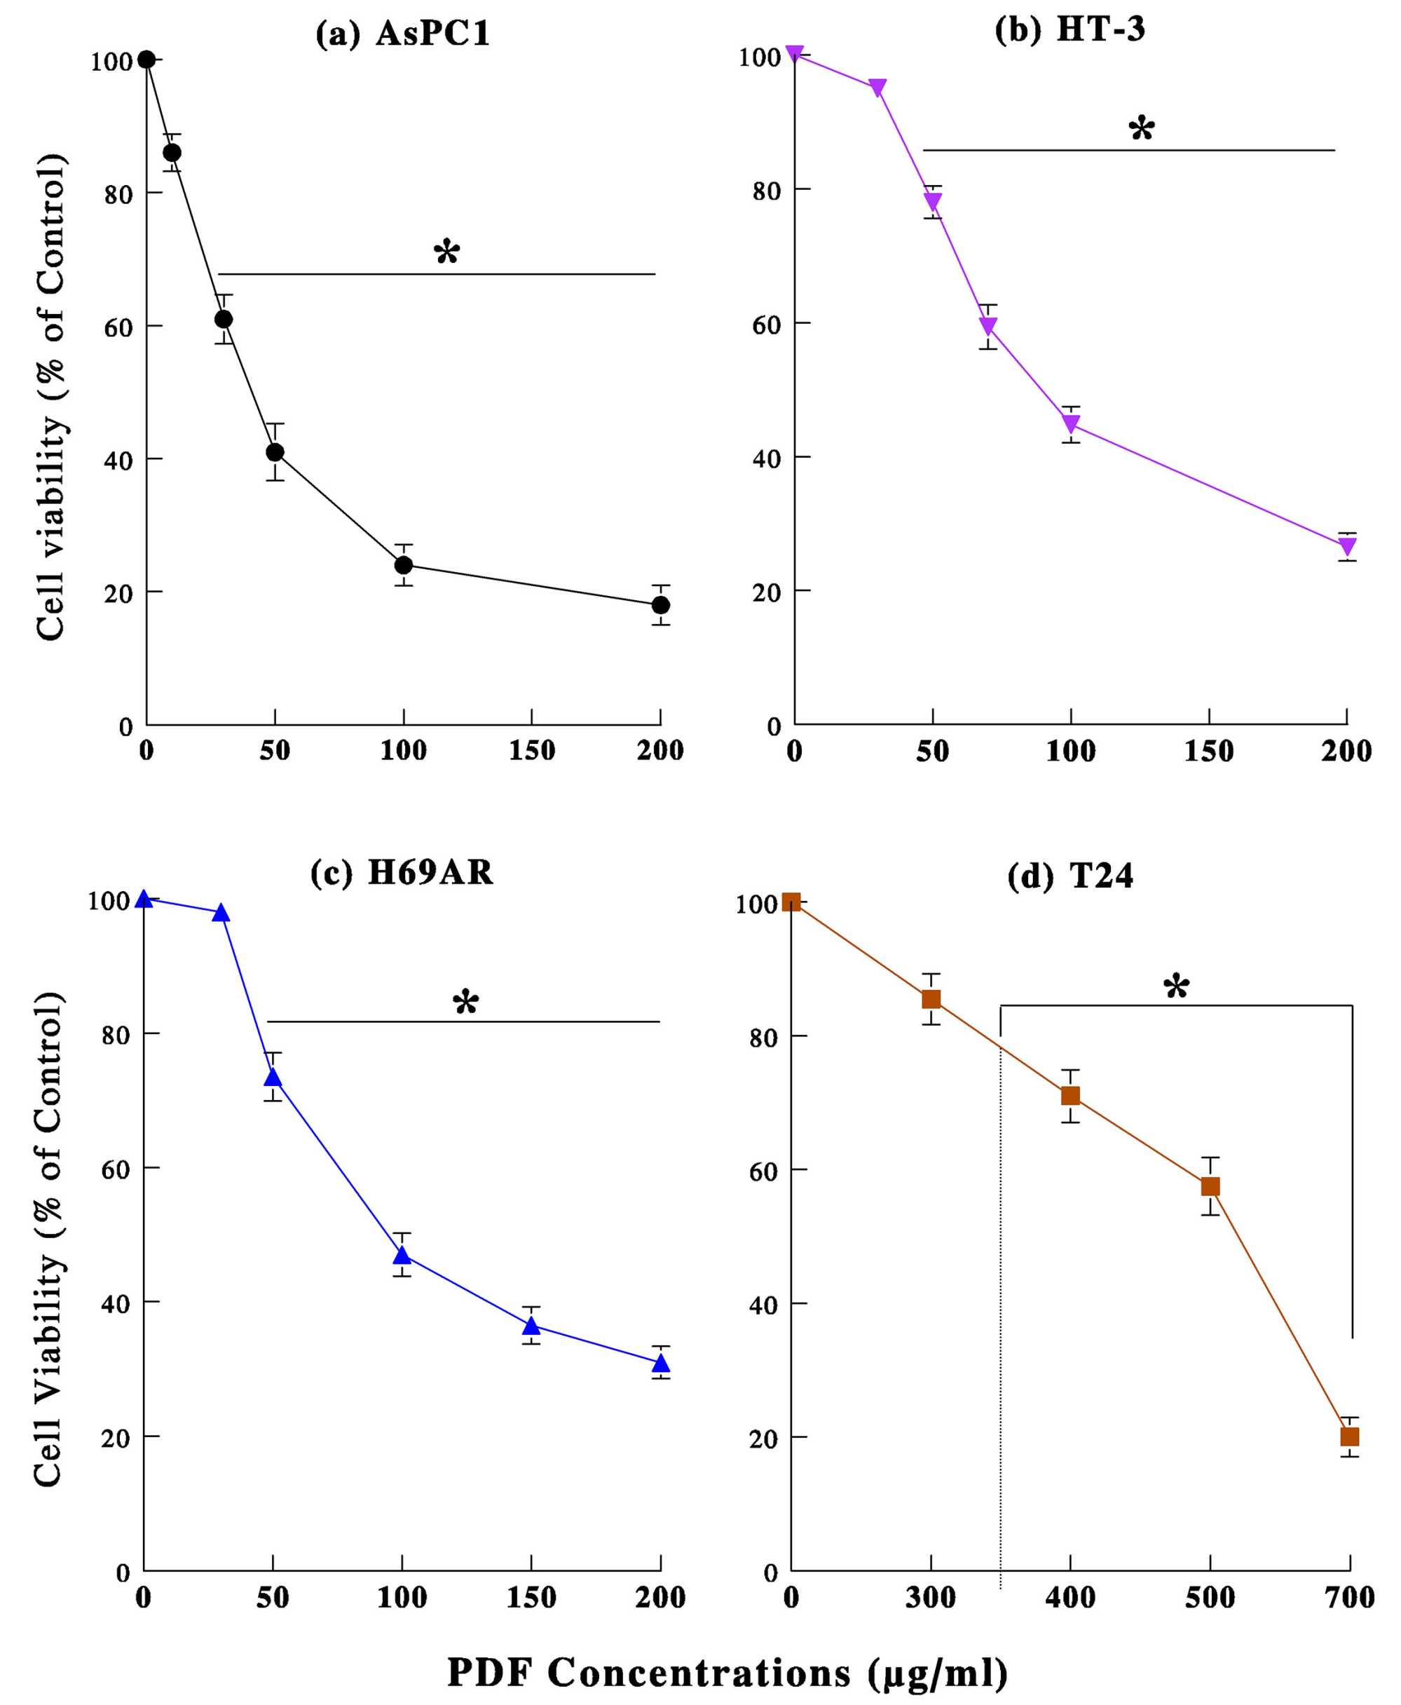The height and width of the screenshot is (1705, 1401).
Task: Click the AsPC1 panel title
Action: pyautogui.click(x=403, y=34)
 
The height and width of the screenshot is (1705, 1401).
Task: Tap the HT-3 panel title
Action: pyautogui.click(x=1069, y=29)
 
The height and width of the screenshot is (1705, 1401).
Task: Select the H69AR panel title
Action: pyautogui.click(x=401, y=873)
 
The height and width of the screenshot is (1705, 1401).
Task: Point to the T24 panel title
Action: pyautogui.click(x=1069, y=876)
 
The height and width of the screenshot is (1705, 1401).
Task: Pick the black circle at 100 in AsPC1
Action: pyautogui.click(x=404, y=564)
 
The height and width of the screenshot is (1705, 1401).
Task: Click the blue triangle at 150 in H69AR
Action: pyautogui.click(x=531, y=1326)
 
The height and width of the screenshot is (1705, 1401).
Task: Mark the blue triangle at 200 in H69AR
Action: pyautogui.click(x=661, y=1363)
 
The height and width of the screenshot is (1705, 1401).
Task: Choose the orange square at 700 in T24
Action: pyautogui.click(x=1349, y=1436)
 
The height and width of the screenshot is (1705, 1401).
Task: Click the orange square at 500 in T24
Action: pyautogui.click(x=1210, y=1186)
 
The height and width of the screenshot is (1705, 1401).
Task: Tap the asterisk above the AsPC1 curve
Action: pyautogui.click(x=446, y=252)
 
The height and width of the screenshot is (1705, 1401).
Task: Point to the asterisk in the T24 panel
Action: pyautogui.click(x=1176, y=986)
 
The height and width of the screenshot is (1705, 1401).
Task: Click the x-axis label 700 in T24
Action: pyautogui.click(x=1349, y=1597)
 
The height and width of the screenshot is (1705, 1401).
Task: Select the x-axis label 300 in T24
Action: pyautogui.click(x=931, y=1597)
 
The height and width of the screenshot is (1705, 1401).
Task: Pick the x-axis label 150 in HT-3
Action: pyautogui.click(x=1208, y=752)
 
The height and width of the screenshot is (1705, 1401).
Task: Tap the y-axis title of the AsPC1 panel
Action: pyautogui.click(x=50, y=395)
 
